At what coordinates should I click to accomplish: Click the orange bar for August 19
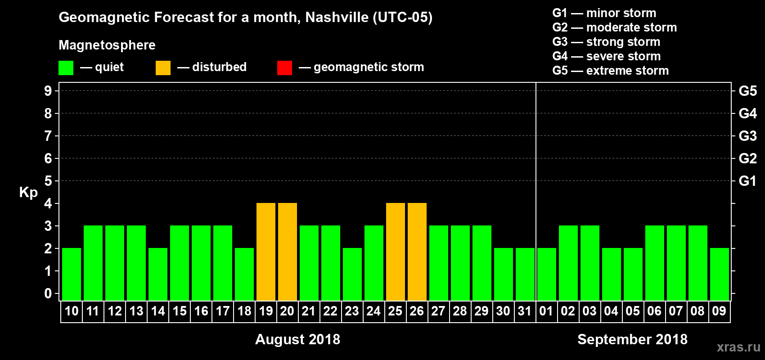[266, 252]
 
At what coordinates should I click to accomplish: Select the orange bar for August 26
[417, 252]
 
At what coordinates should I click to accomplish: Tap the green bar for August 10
[72, 274]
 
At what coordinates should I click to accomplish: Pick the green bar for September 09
[720, 274]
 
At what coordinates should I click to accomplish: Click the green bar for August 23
[352, 274]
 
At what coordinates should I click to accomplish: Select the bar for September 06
[655, 263]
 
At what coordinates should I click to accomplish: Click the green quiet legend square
[66, 68]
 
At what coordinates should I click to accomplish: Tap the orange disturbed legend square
[163, 68]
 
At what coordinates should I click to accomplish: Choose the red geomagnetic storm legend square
[284, 68]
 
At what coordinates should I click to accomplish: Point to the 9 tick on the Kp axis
[48, 91]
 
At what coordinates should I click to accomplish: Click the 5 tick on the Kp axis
[48, 181]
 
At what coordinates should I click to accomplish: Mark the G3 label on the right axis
[747, 136]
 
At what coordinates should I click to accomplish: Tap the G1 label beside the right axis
[747, 181]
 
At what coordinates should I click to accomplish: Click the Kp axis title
[28, 192]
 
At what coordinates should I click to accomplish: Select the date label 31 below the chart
[525, 311]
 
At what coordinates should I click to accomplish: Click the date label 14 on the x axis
[158, 311]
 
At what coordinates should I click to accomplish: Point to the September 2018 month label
[632, 339]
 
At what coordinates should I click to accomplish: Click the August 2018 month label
[297, 339]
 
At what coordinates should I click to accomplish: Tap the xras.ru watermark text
[738, 347]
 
